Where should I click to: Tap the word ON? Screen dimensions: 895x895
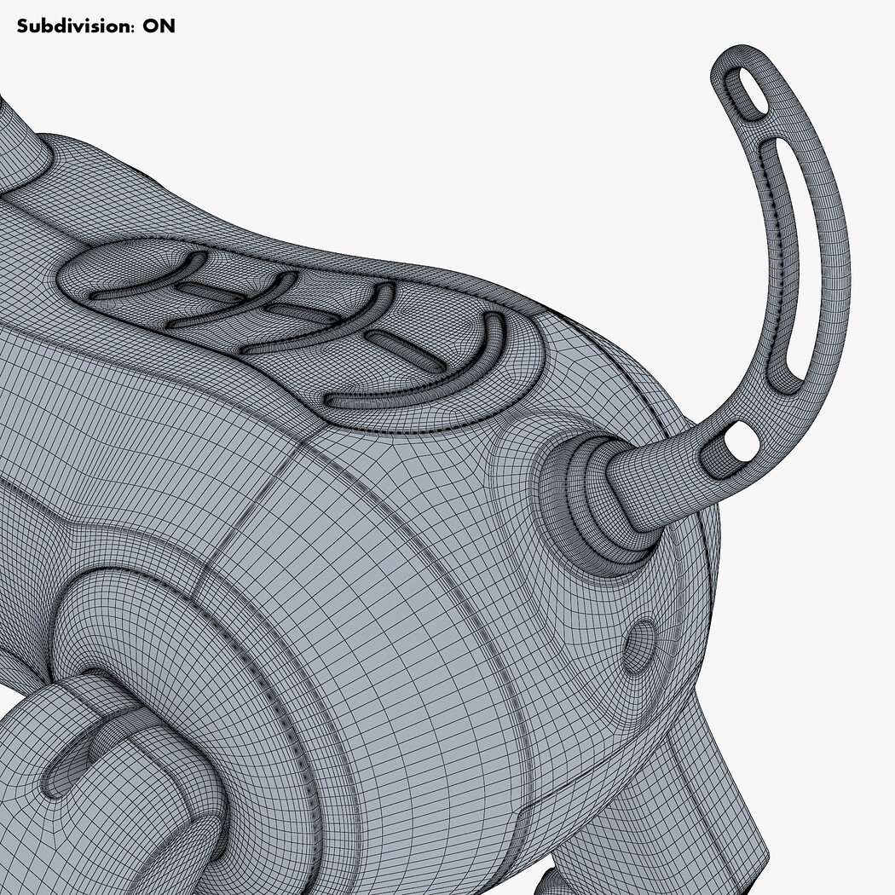pyautogui.click(x=159, y=26)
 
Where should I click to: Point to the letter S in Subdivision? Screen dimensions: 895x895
pyautogui.click(x=22, y=26)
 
